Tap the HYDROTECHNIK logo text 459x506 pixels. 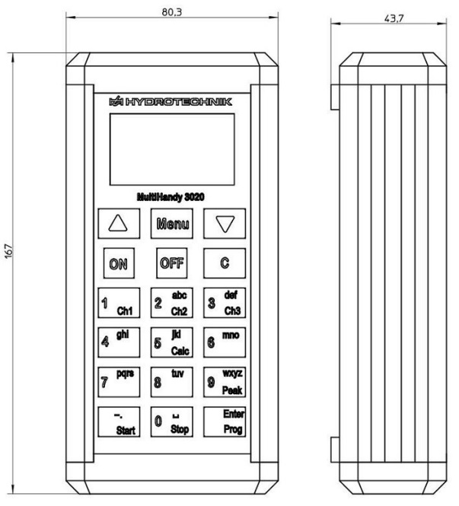(x=171, y=100)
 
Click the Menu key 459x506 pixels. (x=171, y=224)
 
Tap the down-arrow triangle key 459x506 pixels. (x=224, y=224)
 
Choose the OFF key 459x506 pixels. (x=171, y=263)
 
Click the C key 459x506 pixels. (x=224, y=263)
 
